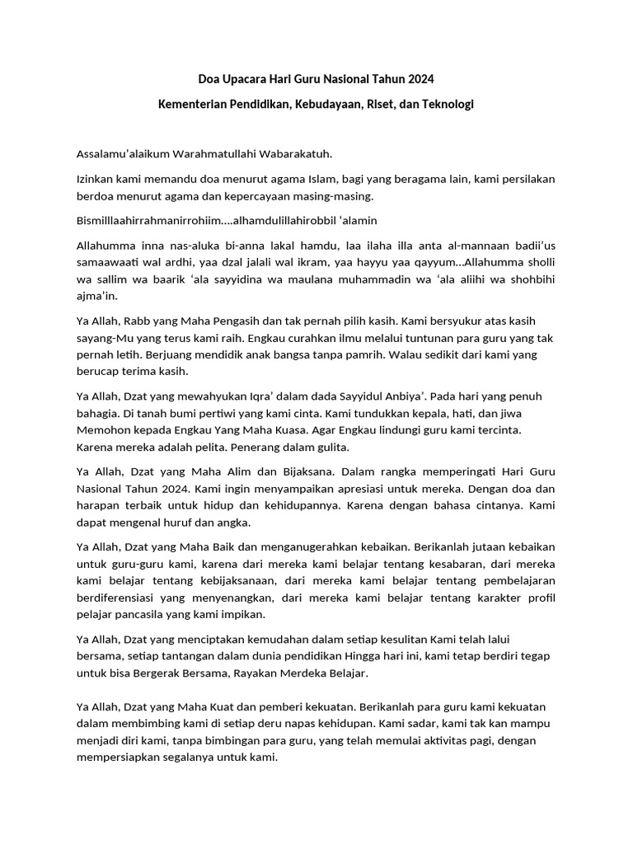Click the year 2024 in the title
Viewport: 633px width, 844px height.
(x=418, y=79)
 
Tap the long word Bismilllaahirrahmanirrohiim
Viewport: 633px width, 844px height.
(x=150, y=220)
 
